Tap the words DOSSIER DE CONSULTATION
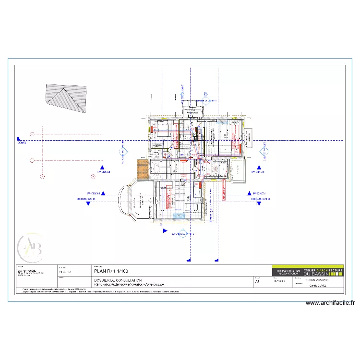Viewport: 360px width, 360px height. tap(118, 280)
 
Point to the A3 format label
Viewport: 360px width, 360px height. tap(257, 282)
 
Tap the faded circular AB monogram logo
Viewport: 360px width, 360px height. tap(30, 246)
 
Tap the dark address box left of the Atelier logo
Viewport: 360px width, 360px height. tap(287, 272)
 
